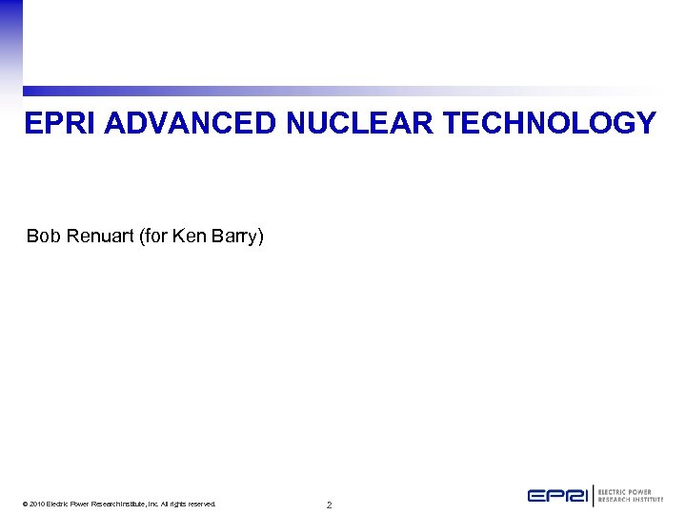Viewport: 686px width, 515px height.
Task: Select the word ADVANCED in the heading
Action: (x=184, y=124)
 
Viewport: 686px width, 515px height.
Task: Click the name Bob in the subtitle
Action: (x=43, y=236)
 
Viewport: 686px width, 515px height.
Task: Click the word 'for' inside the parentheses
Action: (x=155, y=236)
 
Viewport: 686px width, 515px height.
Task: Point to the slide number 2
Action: (x=329, y=505)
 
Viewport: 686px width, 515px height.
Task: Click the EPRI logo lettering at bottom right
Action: (x=558, y=496)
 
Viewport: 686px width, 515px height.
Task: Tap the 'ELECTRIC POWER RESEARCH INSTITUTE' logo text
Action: (x=630, y=496)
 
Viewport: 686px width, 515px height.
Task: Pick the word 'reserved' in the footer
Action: (x=199, y=505)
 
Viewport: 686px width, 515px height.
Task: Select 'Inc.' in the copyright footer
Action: (x=151, y=505)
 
